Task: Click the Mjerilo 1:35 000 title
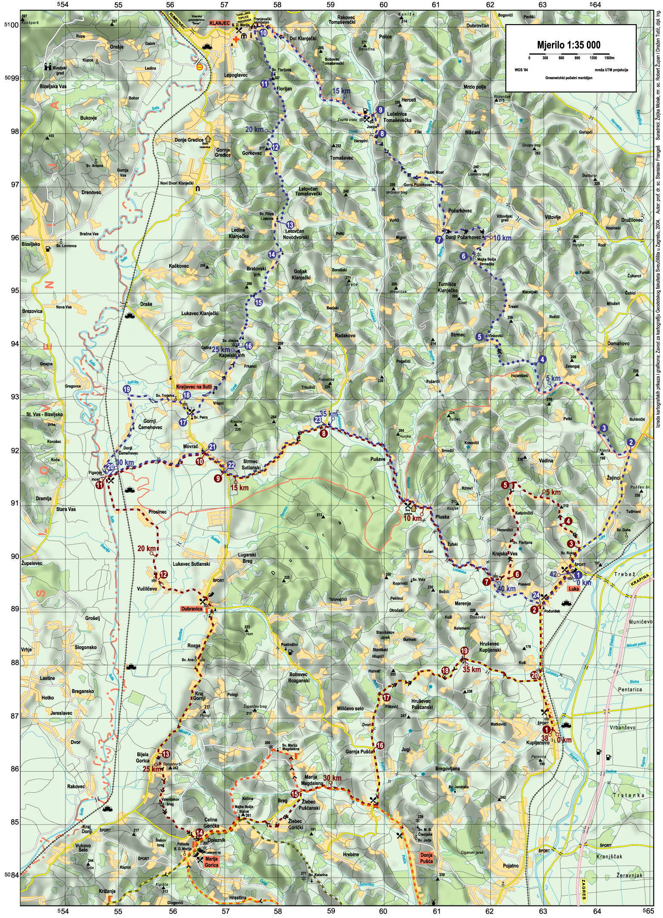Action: tap(568, 45)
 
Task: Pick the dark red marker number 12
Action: tap(163, 574)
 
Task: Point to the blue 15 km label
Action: tap(341, 91)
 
